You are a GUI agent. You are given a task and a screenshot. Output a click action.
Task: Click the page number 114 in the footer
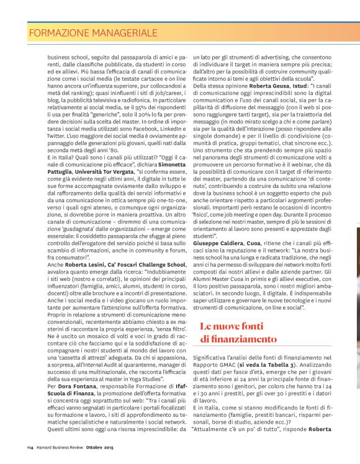point(30,447)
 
